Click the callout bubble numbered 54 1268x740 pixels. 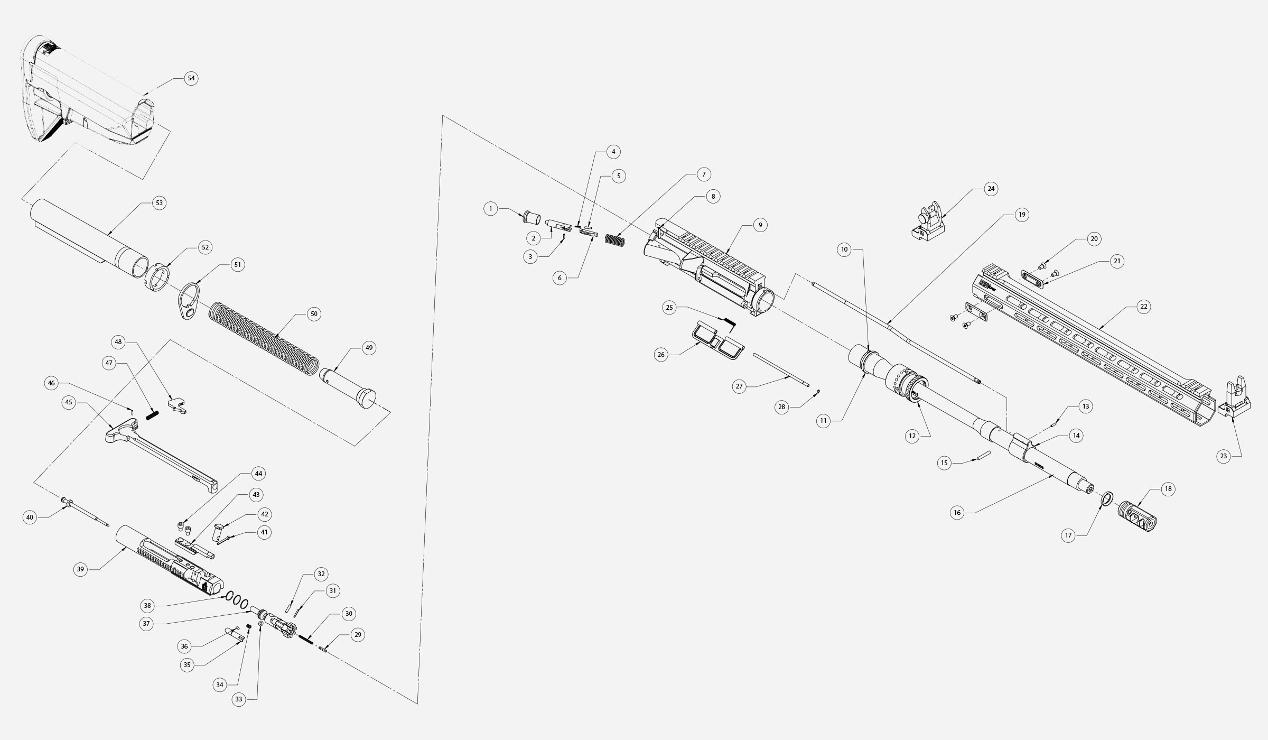191,78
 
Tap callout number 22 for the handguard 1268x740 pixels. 1143,307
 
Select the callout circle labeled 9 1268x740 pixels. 760,225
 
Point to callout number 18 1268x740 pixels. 1168,489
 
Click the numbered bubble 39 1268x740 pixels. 80,569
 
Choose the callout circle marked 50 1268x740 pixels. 314,314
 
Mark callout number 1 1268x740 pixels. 491,209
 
